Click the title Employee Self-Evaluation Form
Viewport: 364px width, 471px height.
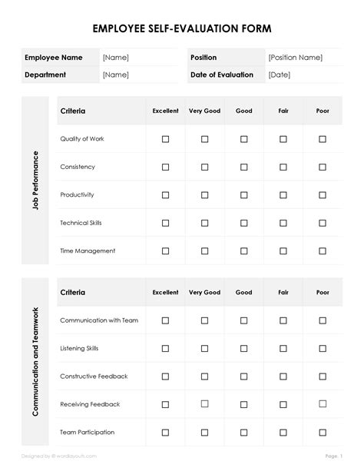click(x=182, y=28)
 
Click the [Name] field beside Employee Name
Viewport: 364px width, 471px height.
click(x=116, y=58)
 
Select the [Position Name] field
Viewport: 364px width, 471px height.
click(x=295, y=58)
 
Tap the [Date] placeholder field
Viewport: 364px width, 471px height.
click(x=279, y=75)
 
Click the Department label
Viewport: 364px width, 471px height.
click(x=45, y=75)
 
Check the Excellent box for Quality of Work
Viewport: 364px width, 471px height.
click(x=165, y=139)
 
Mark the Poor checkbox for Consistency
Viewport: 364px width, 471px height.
click(x=323, y=167)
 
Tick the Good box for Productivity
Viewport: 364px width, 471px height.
click(x=244, y=195)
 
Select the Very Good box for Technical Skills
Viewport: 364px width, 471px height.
click(x=204, y=223)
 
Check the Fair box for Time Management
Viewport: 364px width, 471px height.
click(x=283, y=250)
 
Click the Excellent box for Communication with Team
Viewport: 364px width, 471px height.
click(x=165, y=320)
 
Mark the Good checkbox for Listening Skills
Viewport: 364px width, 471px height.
click(x=244, y=348)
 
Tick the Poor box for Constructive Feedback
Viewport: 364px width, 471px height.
click(x=323, y=376)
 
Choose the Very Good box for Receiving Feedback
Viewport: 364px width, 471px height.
click(x=204, y=404)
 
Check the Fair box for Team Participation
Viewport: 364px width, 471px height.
click(x=283, y=433)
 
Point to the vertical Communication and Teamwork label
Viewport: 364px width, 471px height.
click(x=35, y=362)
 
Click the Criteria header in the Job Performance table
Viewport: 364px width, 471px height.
click(x=73, y=111)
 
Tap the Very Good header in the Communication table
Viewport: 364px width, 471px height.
click(x=204, y=293)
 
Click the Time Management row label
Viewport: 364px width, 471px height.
click(x=88, y=250)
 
